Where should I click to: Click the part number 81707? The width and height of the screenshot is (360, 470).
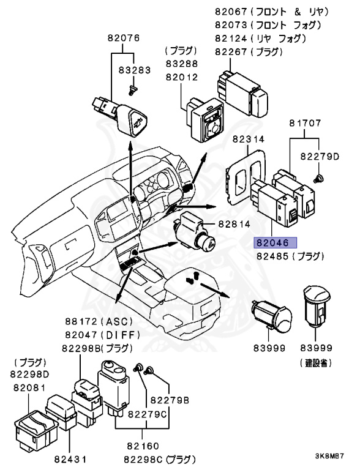point(306,124)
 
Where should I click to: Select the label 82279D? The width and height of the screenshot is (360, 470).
point(320,157)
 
